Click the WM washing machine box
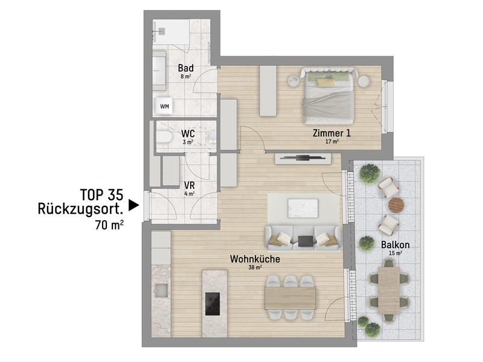164,106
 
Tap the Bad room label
185,69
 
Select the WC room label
188,133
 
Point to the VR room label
188,185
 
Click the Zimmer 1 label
331,133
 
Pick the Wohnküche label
254,259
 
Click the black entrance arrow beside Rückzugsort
135,205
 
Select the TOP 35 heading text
101,194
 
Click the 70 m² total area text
109,226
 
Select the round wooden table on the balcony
395,205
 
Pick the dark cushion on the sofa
305,241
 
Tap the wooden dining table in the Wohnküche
290,296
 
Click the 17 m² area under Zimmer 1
331,142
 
